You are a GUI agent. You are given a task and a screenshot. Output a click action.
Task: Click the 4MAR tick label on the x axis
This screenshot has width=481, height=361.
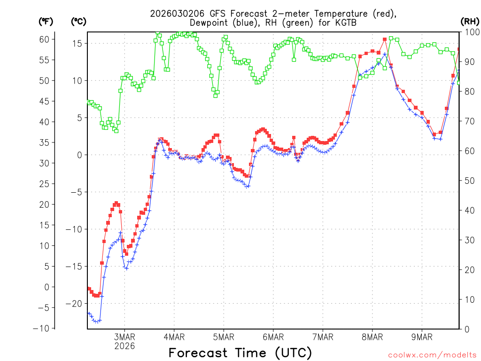click(174, 337)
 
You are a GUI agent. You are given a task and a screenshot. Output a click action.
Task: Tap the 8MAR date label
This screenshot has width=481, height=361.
click(372, 337)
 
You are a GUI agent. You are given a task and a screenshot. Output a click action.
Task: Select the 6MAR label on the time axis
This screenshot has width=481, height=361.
click(273, 337)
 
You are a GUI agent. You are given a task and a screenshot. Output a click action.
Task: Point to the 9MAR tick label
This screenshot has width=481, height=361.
click(422, 337)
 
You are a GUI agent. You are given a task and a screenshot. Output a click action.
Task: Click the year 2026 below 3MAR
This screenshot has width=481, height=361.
click(124, 345)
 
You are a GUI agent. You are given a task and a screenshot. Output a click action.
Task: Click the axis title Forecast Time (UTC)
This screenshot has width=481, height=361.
click(240, 353)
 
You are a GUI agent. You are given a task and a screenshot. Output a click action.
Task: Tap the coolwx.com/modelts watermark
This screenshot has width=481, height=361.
click(432, 355)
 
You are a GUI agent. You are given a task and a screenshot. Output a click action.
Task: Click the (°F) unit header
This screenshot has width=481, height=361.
click(46, 21)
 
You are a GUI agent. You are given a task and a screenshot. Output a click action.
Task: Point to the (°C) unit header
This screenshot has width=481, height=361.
click(78, 21)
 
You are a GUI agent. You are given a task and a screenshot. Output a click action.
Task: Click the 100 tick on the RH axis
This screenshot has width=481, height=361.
click(471, 32)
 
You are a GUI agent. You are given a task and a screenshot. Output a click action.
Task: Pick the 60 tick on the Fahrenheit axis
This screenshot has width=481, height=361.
click(44, 39)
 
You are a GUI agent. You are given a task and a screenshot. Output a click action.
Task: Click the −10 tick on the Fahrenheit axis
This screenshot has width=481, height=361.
click(41, 328)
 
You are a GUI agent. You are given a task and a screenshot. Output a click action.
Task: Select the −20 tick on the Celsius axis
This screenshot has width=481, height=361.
click(78, 303)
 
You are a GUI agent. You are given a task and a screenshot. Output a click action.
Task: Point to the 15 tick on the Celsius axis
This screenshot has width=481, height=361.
click(78, 43)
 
